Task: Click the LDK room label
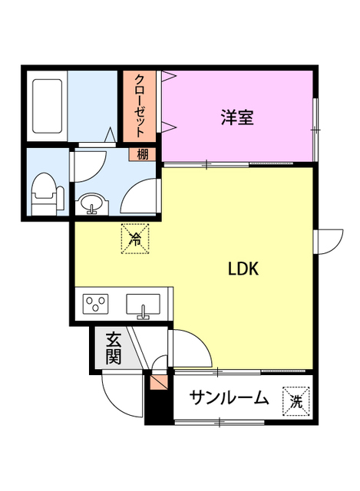tap(246, 269)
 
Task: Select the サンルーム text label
tap(229, 398)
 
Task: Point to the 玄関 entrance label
tap(113, 348)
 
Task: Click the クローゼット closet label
tap(140, 105)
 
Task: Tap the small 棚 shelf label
tap(143, 154)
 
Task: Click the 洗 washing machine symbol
tap(296, 398)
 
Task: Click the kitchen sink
tap(143, 305)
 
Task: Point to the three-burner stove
tap(97, 305)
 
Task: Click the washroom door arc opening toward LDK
tap(140, 196)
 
